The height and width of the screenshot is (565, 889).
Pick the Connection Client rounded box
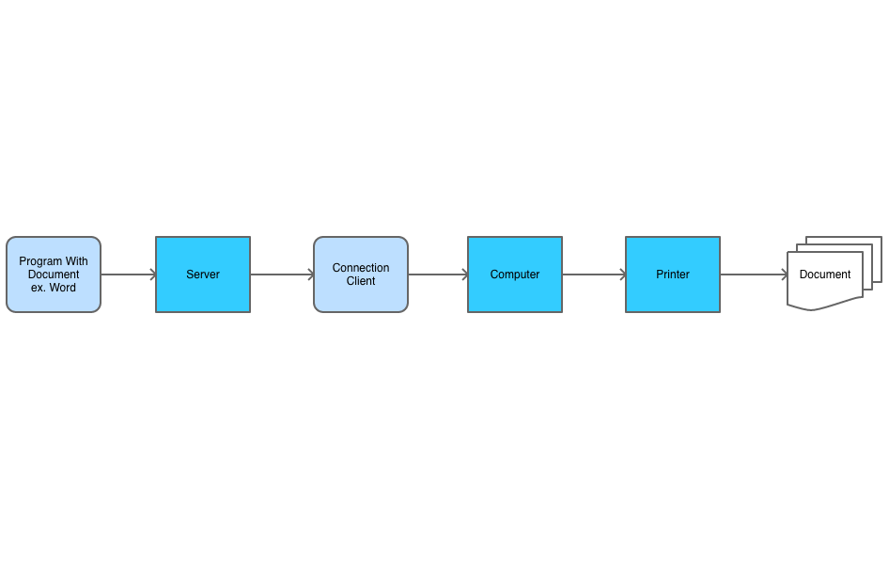coord(361,297)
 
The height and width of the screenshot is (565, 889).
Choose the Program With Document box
coord(54,301)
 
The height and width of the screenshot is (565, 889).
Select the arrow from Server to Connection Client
coord(282,275)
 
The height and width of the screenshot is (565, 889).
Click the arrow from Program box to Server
coord(128,275)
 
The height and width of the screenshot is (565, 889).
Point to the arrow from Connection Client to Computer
coord(438,275)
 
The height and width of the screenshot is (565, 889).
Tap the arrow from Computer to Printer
coord(594,275)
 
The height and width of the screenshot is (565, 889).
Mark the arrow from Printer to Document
coord(754,275)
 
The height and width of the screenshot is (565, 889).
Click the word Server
coord(203,275)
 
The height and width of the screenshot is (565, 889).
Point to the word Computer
coord(515,275)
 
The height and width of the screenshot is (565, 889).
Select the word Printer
coord(673,275)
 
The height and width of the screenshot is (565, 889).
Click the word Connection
coord(361,268)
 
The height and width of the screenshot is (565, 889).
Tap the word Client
coord(361,281)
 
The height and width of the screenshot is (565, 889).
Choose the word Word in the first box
coord(63,288)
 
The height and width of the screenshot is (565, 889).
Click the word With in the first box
coord(77,261)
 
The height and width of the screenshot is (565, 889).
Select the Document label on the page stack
coord(825,275)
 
